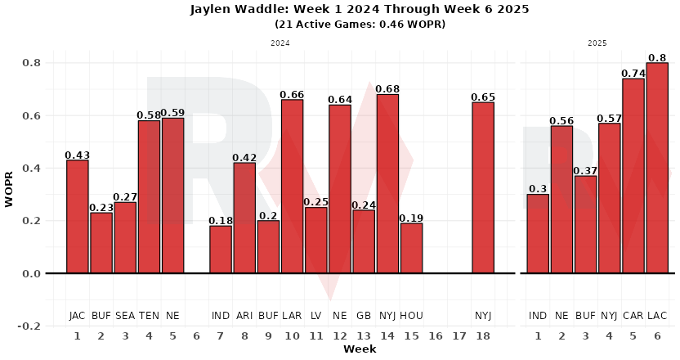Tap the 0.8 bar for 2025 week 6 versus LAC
pyautogui.click(x=657, y=168)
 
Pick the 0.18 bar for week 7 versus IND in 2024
pyautogui.click(x=221, y=250)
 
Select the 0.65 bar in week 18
pyautogui.click(x=483, y=187)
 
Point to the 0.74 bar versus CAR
pyautogui.click(x=633, y=176)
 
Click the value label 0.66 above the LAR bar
pyautogui.click(x=292, y=95)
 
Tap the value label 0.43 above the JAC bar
pyautogui.click(x=78, y=155)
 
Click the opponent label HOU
pyautogui.click(x=411, y=316)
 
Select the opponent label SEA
pyautogui.click(x=125, y=316)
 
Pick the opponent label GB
pyautogui.click(x=364, y=316)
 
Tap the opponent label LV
pyautogui.click(x=316, y=316)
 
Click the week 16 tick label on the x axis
pyautogui.click(x=436, y=336)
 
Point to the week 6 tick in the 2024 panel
pyautogui.click(x=197, y=336)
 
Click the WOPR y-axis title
pyautogui.click(x=10, y=193)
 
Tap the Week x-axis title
pyautogui.click(x=360, y=349)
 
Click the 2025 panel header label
pyautogui.click(x=597, y=42)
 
